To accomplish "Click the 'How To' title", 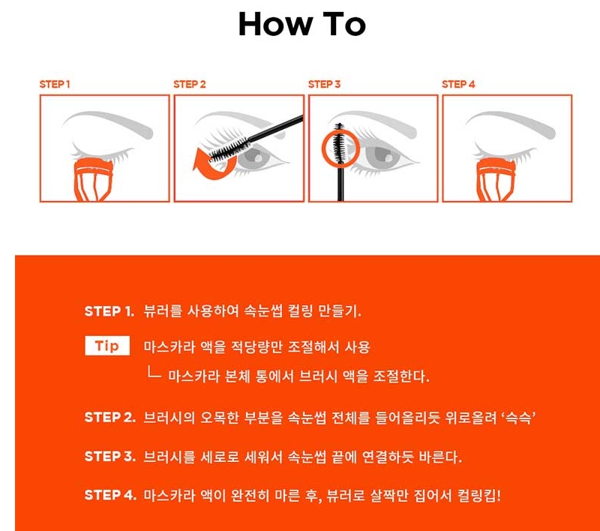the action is (x=302, y=24).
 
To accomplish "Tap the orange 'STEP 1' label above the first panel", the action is (x=55, y=85).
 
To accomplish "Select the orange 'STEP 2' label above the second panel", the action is (x=190, y=85).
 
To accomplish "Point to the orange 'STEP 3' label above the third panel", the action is (x=324, y=85).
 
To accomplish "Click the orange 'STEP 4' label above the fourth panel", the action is (x=458, y=85).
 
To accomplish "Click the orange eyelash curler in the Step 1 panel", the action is (x=93, y=179).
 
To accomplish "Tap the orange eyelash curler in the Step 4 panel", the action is (x=496, y=179).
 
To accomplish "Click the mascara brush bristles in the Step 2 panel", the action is (x=229, y=150).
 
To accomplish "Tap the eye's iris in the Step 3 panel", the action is (x=382, y=155).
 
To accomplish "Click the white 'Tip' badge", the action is (x=107, y=346).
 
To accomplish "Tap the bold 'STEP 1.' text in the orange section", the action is (x=109, y=311).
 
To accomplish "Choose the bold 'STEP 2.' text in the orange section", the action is (x=109, y=417).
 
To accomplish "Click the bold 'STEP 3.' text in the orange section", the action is (x=109, y=456).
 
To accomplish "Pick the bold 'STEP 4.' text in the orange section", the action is (x=110, y=495).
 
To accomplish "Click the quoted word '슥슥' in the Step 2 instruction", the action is (x=518, y=417).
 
